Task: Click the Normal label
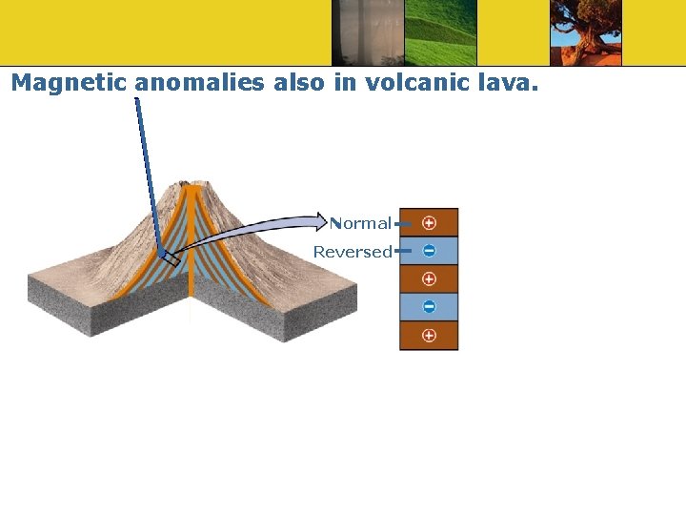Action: pyautogui.click(x=361, y=223)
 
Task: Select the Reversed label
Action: pyautogui.click(x=353, y=252)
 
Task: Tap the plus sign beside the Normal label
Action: pyautogui.click(x=429, y=222)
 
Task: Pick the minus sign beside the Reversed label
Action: pyautogui.click(x=429, y=251)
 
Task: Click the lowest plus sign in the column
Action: pyautogui.click(x=429, y=336)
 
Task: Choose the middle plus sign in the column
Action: pyautogui.click(x=429, y=278)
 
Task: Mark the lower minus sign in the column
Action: pyautogui.click(x=429, y=307)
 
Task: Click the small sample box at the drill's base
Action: pyautogui.click(x=169, y=257)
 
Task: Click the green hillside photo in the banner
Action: pyautogui.click(x=440, y=32)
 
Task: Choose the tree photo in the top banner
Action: pyautogui.click(x=585, y=32)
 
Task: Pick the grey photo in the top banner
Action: pyautogui.click(x=368, y=32)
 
